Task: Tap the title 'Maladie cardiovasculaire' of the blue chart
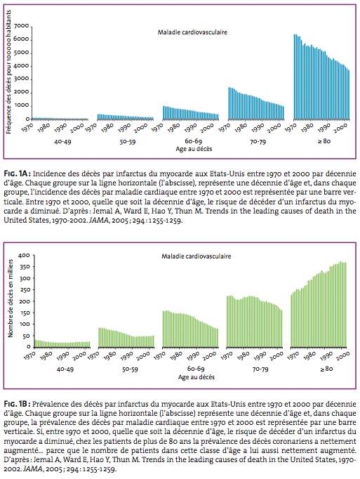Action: pyautogui.click(x=192, y=32)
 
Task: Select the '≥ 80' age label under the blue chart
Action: pyautogui.click(x=324, y=141)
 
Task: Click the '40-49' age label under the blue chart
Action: pyautogui.click(x=62, y=142)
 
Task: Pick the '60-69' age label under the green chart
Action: pyautogui.click(x=196, y=369)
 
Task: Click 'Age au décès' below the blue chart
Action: pyautogui.click(x=194, y=149)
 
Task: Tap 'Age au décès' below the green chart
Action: pyautogui.click(x=196, y=377)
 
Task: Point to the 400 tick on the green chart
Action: pyautogui.click(x=25, y=256)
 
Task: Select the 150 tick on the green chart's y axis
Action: pyautogui.click(x=25, y=313)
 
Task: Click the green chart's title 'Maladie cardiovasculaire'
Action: pyautogui.click(x=196, y=256)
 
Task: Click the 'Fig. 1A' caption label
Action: pyautogui.click(x=17, y=173)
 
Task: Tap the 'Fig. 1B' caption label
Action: pyautogui.click(x=17, y=404)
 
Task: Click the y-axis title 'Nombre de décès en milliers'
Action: pyautogui.click(x=11, y=298)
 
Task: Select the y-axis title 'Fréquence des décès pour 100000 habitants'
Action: pyautogui.click(x=8, y=72)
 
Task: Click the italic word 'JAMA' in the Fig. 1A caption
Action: pyautogui.click(x=99, y=221)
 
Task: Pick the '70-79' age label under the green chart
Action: pyautogui.click(x=260, y=369)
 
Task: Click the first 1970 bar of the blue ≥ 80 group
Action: pyautogui.click(x=295, y=77)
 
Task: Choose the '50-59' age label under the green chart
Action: pyautogui.click(x=130, y=369)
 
